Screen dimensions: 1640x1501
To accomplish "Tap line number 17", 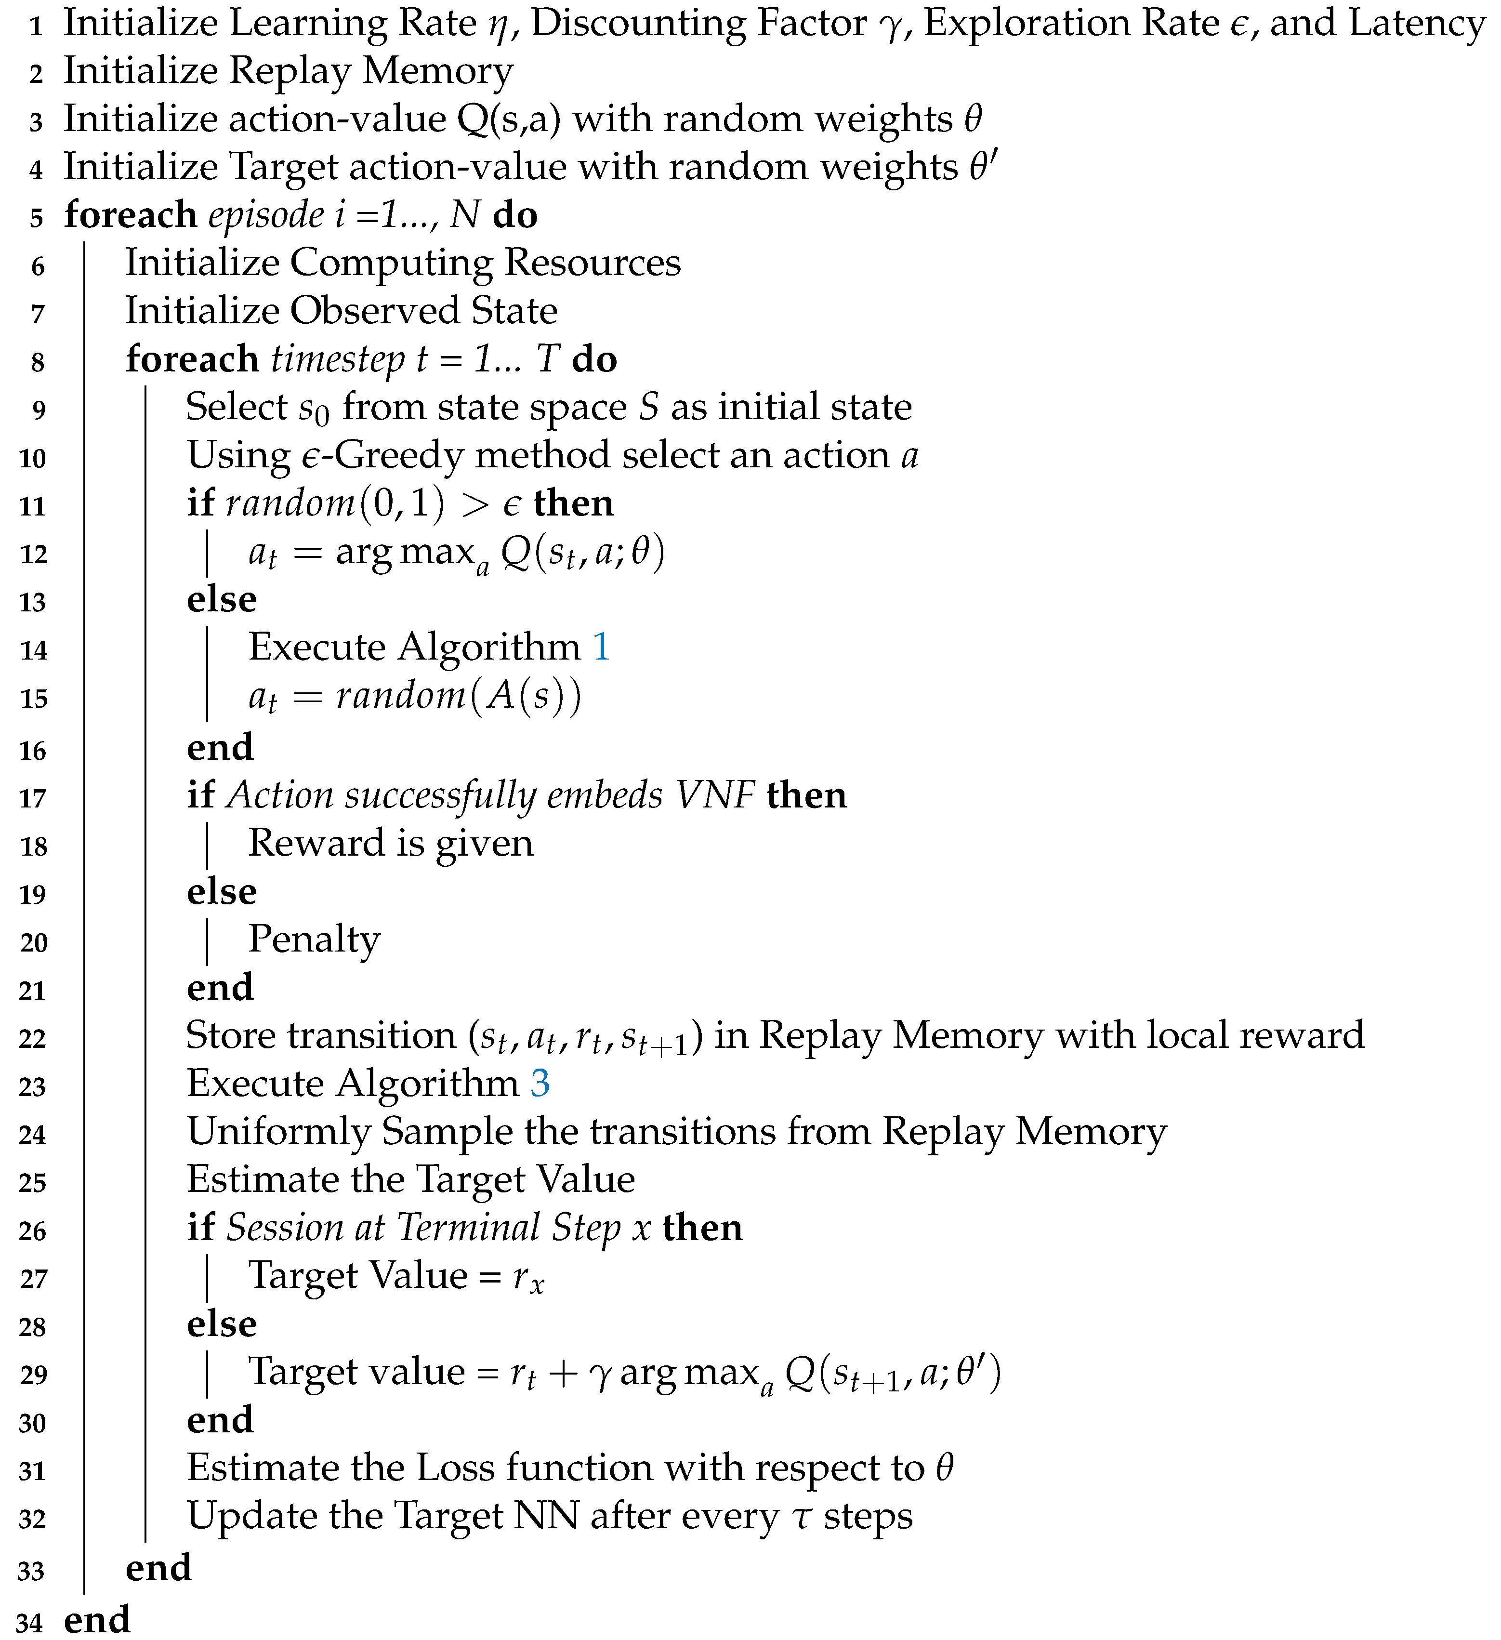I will [x=33, y=799].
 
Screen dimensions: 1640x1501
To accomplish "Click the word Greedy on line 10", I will [x=399, y=456].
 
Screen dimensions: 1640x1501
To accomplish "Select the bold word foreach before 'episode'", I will [x=130, y=215].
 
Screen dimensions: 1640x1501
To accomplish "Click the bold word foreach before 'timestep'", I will [x=192, y=359].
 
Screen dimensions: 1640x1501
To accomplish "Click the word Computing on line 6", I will [x=391, y=264].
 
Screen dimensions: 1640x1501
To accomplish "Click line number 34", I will [x=29, y=1623].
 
